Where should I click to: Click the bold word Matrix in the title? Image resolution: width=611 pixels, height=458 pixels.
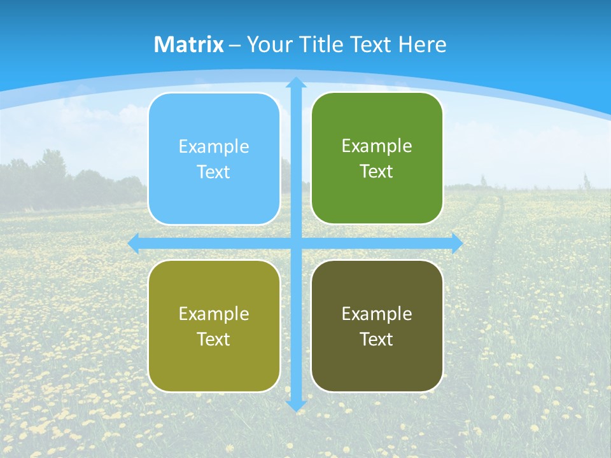tap(189, 45)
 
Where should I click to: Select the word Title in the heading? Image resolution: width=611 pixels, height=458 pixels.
tap(324, 45)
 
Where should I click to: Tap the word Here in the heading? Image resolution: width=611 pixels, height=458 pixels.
tap(422, 45)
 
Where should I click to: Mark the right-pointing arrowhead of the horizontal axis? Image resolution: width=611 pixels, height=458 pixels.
tap(456, 243)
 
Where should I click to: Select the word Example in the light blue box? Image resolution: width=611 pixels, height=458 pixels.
tap(214, 147)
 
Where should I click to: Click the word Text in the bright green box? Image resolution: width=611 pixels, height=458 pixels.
tap(377, 171)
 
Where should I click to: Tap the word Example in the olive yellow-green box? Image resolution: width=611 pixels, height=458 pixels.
tap(214, 314)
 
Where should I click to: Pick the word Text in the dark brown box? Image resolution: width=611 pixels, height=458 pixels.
tap(377, 339)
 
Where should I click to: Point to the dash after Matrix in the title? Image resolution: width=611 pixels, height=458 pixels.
tap(235, 45)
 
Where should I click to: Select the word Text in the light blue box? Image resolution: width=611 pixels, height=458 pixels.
tap(214, 172)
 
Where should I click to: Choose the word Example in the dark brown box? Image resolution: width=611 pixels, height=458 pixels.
tap(377, 314)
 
